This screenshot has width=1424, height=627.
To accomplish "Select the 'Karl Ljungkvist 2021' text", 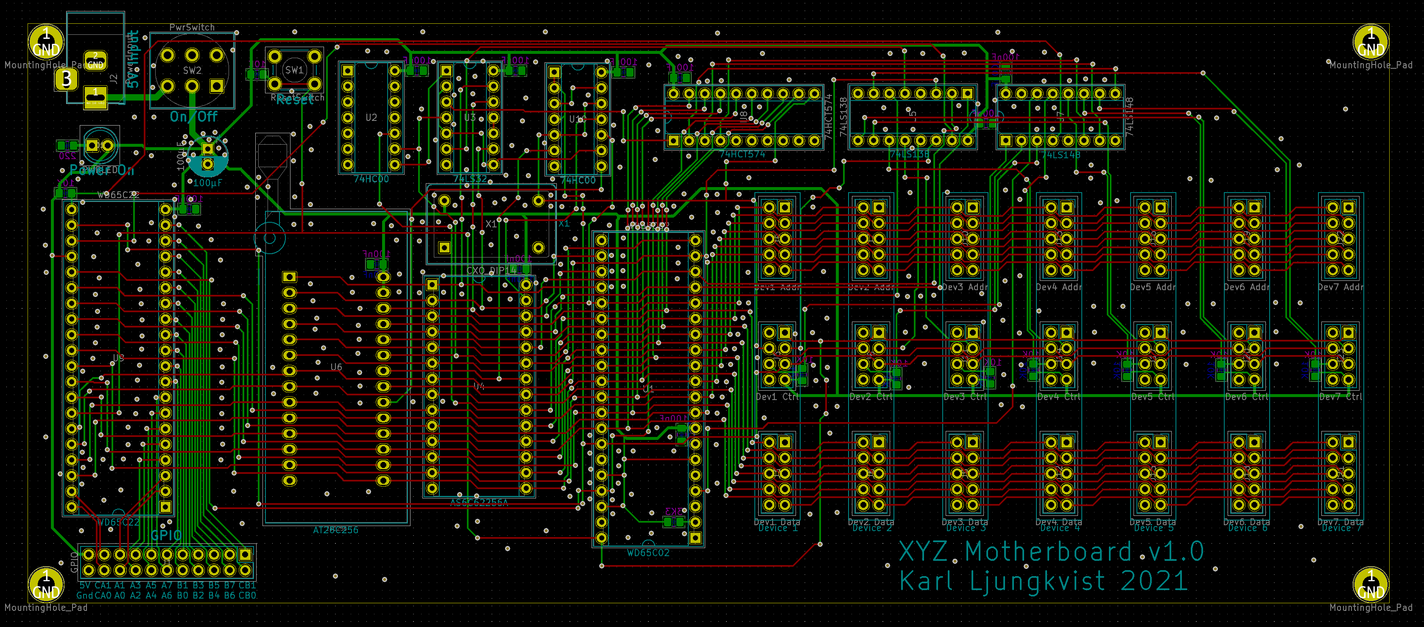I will pos(1043,581).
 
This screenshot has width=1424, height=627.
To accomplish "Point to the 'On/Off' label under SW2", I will pos(193,117).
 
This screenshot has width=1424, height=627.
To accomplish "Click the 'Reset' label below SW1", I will pos(295,100).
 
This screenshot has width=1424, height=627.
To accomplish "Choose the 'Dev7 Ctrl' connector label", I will pos(1340,397).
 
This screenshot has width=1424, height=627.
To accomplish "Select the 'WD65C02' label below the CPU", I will pos(648,553).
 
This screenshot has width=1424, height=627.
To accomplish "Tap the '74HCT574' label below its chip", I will pos(743,154).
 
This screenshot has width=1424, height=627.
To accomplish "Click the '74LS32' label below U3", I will pos(470,179).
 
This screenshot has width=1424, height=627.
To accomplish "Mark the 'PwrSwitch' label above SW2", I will pos(192,28).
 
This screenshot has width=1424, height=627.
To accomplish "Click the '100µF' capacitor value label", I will pos(207,183).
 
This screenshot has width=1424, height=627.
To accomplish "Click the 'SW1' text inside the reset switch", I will pos(294,70).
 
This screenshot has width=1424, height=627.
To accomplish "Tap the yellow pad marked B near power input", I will pos(66,79).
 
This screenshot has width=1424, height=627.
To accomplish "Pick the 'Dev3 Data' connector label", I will pos(965,522).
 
